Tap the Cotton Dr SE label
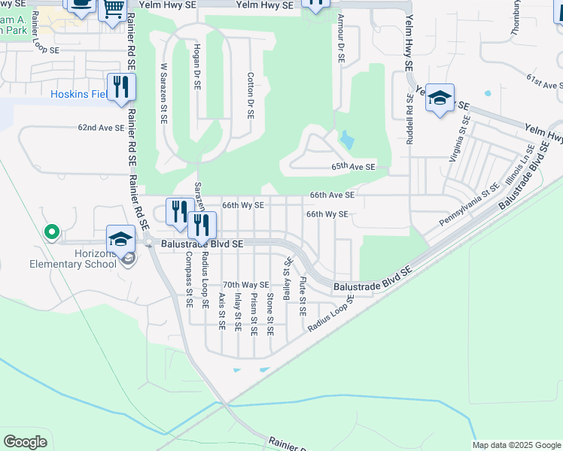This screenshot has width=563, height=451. coord(250,95)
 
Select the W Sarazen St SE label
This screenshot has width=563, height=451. coord(163,93)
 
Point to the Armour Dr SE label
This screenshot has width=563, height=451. coord(341,38)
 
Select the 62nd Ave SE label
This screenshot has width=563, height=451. coord(101,128)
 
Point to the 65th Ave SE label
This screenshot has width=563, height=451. coord(354,168)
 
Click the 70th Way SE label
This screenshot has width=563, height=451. coord(245,285)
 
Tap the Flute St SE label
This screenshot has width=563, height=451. coord(303,296)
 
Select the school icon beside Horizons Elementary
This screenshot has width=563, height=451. coord(120,239)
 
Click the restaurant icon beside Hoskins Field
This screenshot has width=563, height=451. coord(120,87)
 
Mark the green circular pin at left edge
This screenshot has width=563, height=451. coord(52,232)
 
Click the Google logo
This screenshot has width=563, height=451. coord(26,442)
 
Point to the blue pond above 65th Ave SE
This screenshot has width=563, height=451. coord(347,139)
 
